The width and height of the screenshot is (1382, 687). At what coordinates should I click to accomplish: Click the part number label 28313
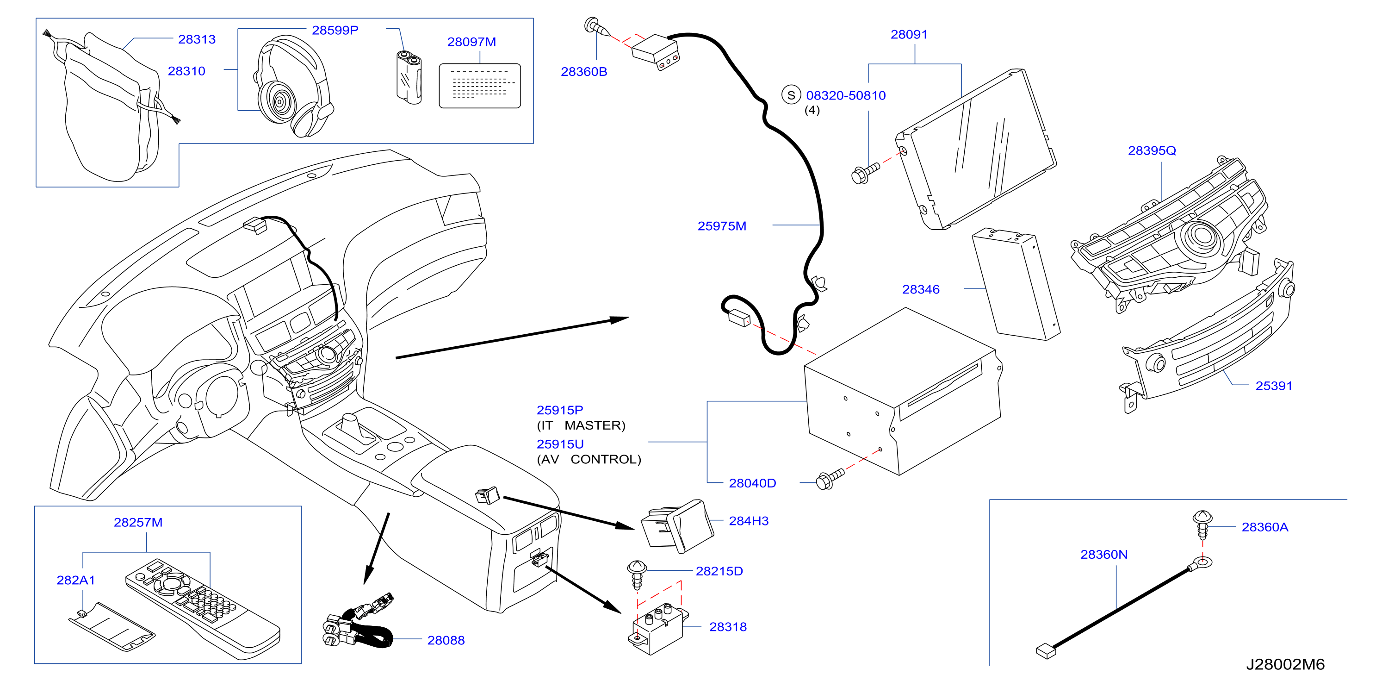(x=197, y=39)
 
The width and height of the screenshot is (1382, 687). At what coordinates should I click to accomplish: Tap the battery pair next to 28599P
(x=409, y=77)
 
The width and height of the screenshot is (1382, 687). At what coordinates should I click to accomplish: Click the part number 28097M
(x=471, y=42)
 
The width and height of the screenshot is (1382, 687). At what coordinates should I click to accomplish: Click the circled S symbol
(x=791, y=95)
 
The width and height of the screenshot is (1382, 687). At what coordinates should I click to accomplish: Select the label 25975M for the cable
(x=722, y=226)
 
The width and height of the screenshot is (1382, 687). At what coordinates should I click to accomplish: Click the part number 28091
(x=909, y=34)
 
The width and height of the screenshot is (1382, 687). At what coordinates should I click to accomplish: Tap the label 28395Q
(x=1152, y=150)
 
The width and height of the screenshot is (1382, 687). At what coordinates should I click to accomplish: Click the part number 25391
(x=1274, y=386)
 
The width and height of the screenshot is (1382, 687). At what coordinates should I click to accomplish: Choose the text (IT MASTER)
(x=581, y=425)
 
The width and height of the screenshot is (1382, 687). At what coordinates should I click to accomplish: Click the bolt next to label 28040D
(x=829, y=478)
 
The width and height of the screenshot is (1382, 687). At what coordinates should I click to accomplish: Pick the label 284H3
(x=749, y=521)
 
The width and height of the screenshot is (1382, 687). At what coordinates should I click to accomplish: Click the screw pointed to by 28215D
(x=637, y=575)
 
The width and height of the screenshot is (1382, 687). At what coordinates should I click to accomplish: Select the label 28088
(x=446, y=640)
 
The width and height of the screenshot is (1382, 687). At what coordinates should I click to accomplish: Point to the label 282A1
(x=75, y=580)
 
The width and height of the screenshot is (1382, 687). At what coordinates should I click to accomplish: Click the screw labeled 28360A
(x=1202, y=525)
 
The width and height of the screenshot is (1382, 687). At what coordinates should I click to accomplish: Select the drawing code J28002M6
(x=1285, y=664)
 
